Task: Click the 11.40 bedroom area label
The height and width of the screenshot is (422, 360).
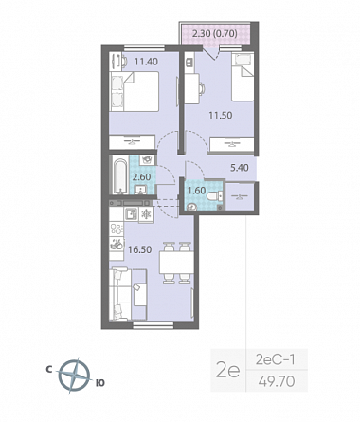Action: tap(146, 62)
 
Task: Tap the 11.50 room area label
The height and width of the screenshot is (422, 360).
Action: tap(221, 115)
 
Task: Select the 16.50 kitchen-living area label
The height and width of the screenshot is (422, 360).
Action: tap(140, 249)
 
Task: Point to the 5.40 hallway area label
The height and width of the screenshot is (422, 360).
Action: tap(240, 168)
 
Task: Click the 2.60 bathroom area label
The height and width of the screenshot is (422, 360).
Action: tap(141, 177)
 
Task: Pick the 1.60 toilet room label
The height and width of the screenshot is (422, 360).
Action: tap(196, 191)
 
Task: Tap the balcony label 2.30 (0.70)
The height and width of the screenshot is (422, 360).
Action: tap(215, 33)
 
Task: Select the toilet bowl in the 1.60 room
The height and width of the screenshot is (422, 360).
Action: tap(214, 196)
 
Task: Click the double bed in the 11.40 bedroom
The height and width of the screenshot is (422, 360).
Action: tap(134, 91)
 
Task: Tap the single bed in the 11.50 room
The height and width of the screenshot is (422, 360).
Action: tap(243, 77)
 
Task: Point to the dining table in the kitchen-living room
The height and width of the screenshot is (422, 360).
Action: tap(176, 263)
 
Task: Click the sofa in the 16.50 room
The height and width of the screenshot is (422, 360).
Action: tap(128, 295)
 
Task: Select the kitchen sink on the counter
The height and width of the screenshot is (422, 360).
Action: tap(131, 214)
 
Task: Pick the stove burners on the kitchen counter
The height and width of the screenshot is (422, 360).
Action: tap(117, 229)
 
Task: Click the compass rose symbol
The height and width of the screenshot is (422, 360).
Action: tap(74, 376)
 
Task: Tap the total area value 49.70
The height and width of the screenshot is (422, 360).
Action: tap(277, 381)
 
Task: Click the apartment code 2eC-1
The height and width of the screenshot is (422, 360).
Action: tap(275, 359)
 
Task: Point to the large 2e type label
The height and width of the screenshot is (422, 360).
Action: tap(228, 370)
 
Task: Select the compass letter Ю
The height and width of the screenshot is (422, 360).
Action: tap(99, 383)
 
